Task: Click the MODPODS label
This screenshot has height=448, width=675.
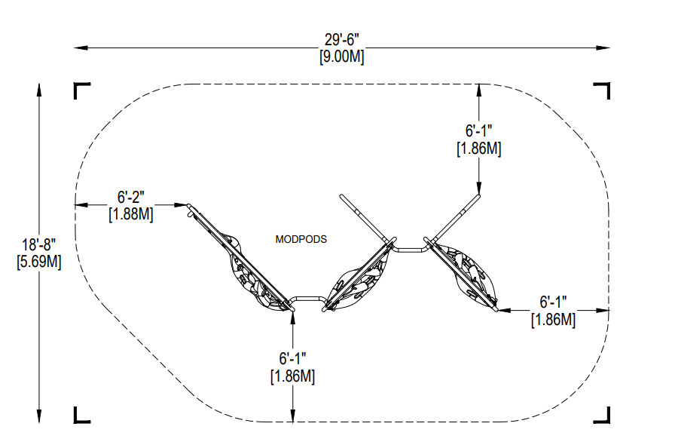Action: [301, 239]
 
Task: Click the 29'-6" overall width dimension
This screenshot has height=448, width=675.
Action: [342, 40]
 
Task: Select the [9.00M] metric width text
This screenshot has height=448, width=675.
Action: [342, 57]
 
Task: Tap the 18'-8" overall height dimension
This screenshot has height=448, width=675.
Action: [38, 245]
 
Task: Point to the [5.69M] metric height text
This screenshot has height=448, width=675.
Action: [38, 262]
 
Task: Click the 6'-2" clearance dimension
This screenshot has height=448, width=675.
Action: [131, 198]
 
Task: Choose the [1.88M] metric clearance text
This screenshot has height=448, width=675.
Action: [131, 214]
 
